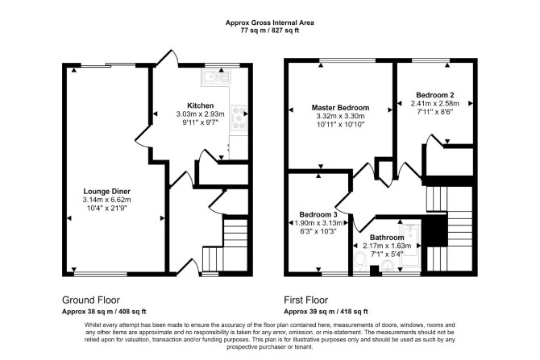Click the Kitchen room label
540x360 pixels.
(200, 106)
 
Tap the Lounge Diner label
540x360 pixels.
(106, 192)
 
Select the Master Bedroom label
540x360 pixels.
(340, 108)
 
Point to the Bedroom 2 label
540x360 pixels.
(435, 95)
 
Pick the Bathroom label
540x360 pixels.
(387, 238)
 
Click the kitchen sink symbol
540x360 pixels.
(216, 77)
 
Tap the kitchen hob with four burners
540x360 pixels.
(239, 118)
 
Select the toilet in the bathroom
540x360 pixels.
(360, 263)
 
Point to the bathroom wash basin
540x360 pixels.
(388, 267)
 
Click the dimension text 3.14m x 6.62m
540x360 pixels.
(106, 200)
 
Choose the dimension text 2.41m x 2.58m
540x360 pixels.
(435, 103)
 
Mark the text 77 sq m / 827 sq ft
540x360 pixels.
(270, 31)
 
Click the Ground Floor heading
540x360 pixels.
(91, 300)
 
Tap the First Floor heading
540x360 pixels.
(305, 300)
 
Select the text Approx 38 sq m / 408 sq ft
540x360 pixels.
(104, 312)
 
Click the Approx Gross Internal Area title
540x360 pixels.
(270, 23)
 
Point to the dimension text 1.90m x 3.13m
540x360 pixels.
(318, 223)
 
